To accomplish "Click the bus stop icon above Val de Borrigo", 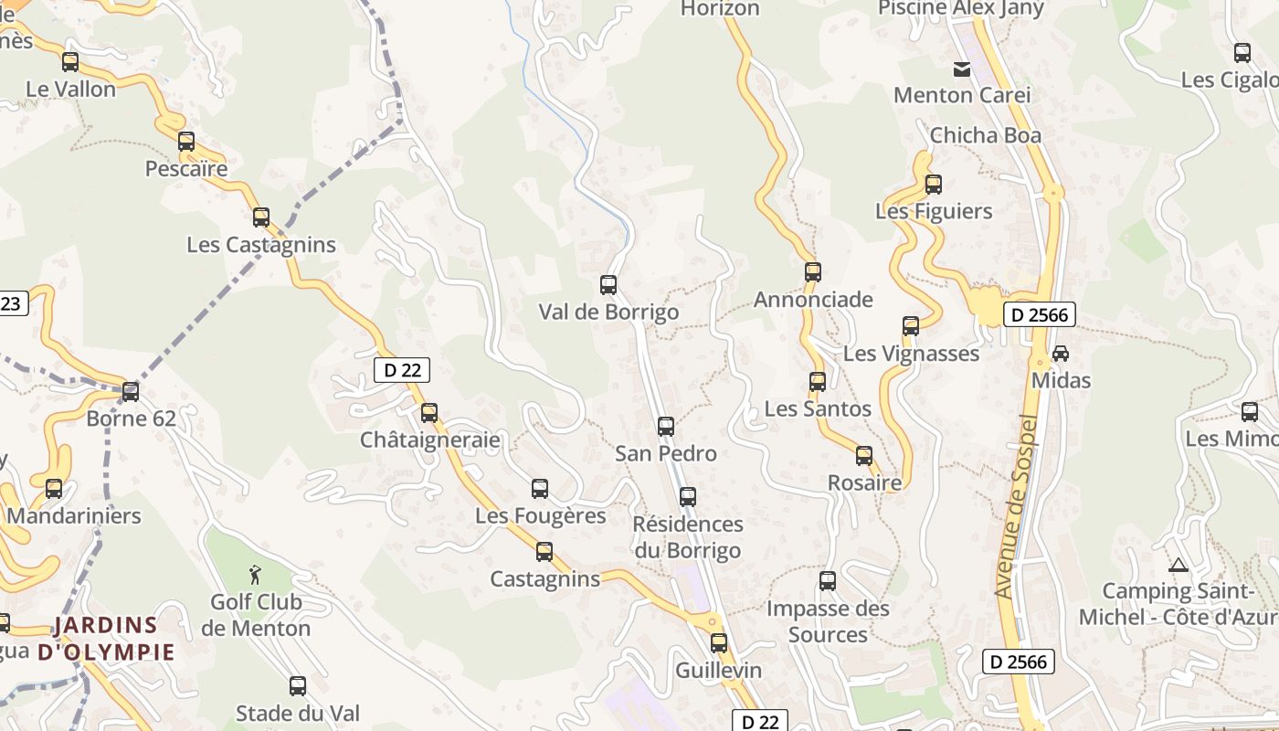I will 608,284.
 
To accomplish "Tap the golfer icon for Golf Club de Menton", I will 255,575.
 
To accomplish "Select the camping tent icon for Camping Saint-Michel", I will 1178,565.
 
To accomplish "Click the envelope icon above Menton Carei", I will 962,69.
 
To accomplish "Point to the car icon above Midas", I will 1061,353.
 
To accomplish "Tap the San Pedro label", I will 665,453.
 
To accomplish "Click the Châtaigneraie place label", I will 429,440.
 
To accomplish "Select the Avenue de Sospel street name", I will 1017,507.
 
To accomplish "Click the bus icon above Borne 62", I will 131,392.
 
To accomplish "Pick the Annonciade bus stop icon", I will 813,271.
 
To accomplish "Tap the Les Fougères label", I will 540,515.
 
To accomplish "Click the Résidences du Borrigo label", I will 688,537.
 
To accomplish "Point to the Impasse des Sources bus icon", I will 828,580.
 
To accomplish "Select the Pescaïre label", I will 186,169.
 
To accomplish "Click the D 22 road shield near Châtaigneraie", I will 402,369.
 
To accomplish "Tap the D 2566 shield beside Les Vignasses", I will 1039,315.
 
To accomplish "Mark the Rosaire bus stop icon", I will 864,455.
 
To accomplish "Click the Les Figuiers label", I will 933,211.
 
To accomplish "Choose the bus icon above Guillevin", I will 719,642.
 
